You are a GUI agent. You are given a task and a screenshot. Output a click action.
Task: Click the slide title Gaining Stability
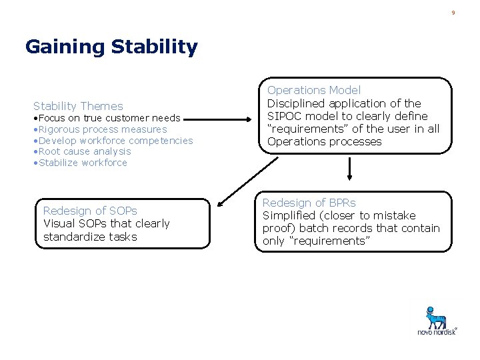[x=111, y=47]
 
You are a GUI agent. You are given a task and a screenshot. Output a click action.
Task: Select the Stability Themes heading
[x=78, y=106]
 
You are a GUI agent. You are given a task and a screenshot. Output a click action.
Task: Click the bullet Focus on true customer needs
[x=107, y=118]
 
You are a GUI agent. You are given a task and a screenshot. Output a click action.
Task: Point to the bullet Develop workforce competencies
[x=114, y=141]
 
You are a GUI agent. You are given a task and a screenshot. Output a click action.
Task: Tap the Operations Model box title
[x=314, y=90]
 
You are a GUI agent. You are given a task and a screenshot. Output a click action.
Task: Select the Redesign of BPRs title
[x=309, y=203]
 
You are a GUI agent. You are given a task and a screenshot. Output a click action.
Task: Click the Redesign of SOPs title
[x=90, y=211]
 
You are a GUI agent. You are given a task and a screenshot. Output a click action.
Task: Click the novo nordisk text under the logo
[x=437, y=332]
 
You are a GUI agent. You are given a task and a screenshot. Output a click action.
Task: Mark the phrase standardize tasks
[x=90, y=237]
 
